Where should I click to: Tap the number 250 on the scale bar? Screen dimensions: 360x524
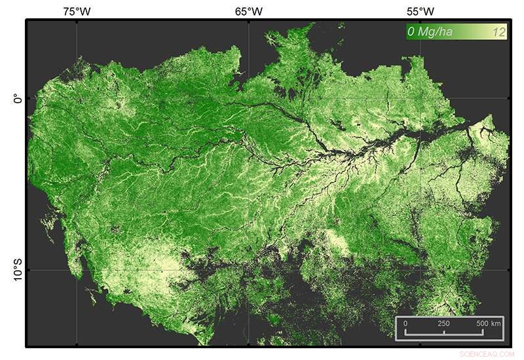443,324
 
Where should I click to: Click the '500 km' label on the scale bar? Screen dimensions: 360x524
488,324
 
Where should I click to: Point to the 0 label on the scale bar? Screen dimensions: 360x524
405,324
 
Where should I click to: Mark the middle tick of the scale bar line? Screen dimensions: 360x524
443,333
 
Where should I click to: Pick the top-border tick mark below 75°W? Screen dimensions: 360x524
77,21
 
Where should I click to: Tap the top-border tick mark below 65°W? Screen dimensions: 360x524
249,21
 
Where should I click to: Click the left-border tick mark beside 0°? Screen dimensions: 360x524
28,99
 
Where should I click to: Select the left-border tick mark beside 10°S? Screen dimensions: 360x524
28,270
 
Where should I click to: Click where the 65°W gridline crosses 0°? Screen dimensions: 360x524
249,99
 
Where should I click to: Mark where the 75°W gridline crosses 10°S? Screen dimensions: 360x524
77,270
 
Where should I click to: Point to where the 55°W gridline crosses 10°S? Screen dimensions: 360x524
420,270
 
